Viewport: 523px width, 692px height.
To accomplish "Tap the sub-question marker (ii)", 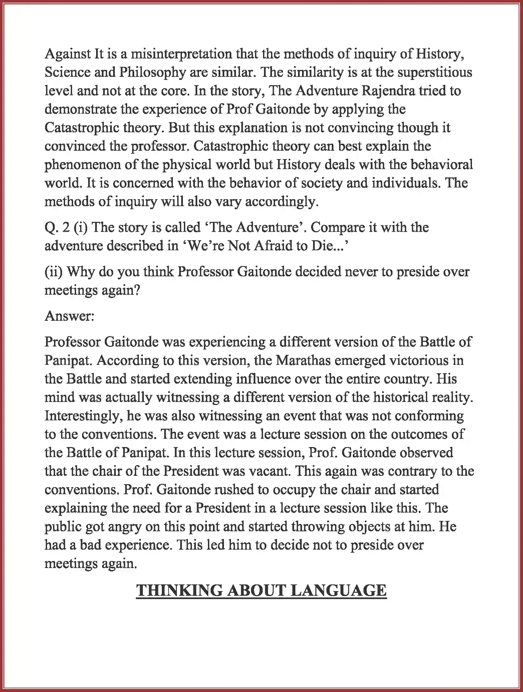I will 54,272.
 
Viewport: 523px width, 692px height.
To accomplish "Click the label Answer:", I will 70,316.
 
